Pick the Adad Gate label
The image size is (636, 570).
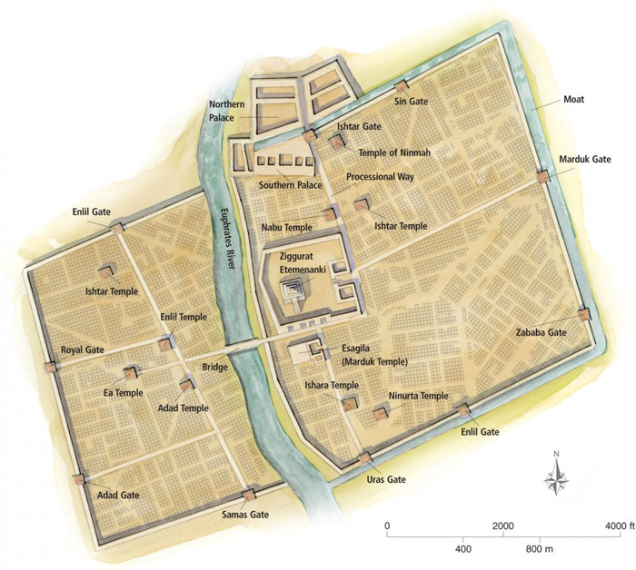coord(117,496)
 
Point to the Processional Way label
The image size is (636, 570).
coord(380,176)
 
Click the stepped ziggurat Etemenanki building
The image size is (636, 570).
coord(295,290)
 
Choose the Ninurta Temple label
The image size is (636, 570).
coord(419,396)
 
